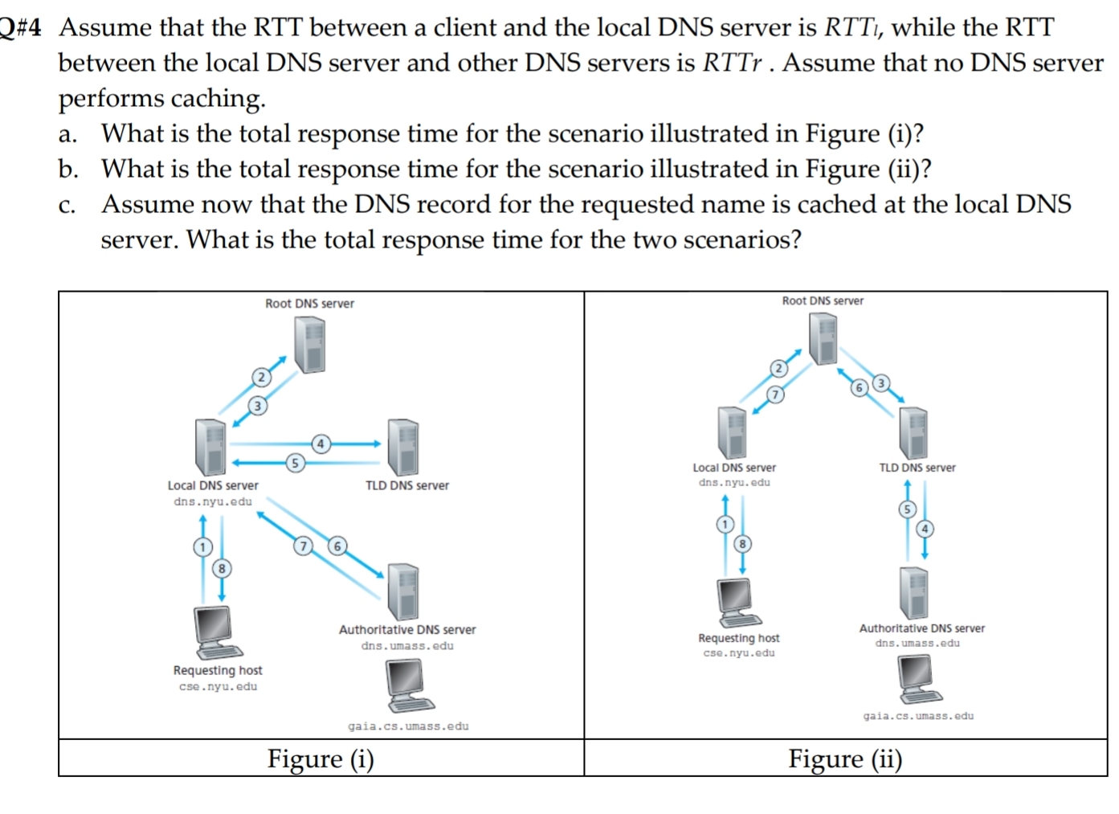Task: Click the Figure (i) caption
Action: click(321, 759)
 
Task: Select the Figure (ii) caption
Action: click(845, 759)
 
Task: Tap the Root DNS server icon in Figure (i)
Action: click(309, 344)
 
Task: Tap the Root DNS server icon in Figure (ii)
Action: click(823, 338)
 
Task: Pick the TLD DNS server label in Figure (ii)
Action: click(917, 468)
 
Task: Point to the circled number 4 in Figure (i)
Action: click(321, 444)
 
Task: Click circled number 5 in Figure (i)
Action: click(295, 463)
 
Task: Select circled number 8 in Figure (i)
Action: click(221, 569)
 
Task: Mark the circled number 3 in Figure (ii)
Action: click(881, 382)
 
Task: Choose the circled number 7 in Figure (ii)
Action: click(774, 395)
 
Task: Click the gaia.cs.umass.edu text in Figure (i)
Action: click(408, 726)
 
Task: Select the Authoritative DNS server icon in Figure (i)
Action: click(403, 591)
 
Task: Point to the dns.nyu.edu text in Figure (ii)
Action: click(733, 483)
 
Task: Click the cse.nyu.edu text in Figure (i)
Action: click(218, 687)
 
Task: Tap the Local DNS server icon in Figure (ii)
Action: click(732, 432)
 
